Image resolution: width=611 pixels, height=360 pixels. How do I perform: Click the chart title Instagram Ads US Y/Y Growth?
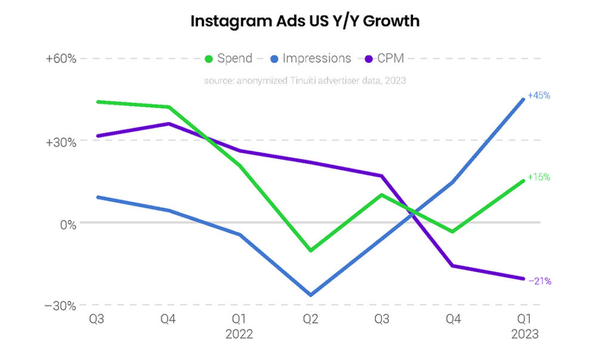(x=305, y=21)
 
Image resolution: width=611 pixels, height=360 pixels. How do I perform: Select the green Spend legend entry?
(x=229, y=59)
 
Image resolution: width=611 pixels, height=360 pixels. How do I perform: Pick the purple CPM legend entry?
(x=385, y=59)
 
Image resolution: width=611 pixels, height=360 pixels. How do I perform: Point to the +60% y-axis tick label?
(x=61, y=59)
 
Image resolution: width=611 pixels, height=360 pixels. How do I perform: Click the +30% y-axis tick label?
(x=61, y=142)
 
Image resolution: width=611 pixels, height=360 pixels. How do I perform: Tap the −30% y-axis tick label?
(x=61, y=306)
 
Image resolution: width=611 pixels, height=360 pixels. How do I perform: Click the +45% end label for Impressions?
(x=538, y=96)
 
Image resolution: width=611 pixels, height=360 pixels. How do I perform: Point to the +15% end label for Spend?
(x=538, y=177)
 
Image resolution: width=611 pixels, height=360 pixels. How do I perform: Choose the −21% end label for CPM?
(x=539, y=281)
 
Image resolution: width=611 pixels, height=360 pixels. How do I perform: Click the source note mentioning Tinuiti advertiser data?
(x=305, y=80)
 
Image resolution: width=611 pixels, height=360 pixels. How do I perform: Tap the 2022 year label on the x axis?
(x=239, y=334)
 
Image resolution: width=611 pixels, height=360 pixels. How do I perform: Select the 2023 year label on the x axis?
(x=524, y=334)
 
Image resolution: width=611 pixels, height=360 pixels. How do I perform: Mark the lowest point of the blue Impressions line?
(x=311, y=295)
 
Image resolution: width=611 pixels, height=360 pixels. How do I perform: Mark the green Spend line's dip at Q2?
(x=311, y=251)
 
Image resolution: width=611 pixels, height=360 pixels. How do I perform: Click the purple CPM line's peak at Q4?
(x=169, y=124)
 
